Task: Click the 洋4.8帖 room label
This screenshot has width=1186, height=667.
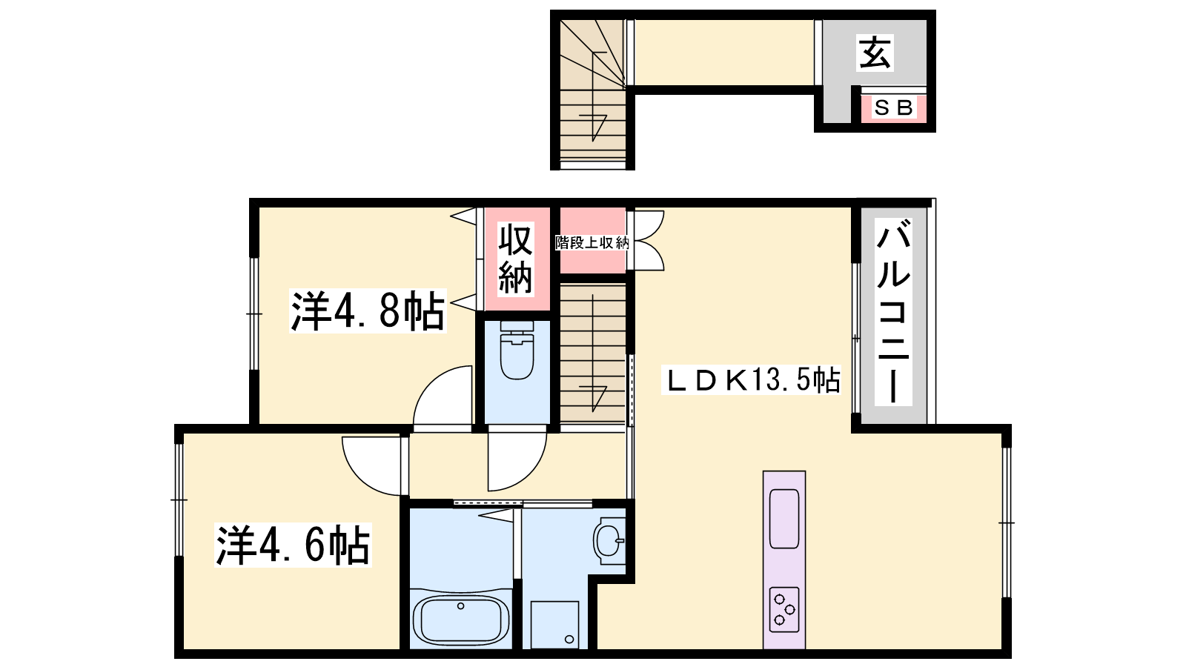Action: click(x=368, y=311)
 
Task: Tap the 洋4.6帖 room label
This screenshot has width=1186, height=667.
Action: click(x=293, y=545)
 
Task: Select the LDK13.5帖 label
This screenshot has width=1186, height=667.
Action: click(x=752, y=379)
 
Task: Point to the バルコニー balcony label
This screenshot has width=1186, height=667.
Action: click(x=893, y=312)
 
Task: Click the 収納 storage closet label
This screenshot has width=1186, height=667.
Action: click(x=516, y=259)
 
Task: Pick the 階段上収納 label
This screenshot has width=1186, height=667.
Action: click(x=592, y=243)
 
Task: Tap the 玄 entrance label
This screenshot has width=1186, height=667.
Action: click(x=875, y=53)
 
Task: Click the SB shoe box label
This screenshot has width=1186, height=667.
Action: click(x=893, y=108)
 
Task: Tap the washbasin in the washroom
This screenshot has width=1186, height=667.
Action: click(x=609, y=540)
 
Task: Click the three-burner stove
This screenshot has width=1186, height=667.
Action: click(x=784, y=609)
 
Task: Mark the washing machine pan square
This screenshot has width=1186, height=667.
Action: click(x=554, y=625)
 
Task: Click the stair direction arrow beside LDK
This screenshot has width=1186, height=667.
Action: click(x=593, y=353)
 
